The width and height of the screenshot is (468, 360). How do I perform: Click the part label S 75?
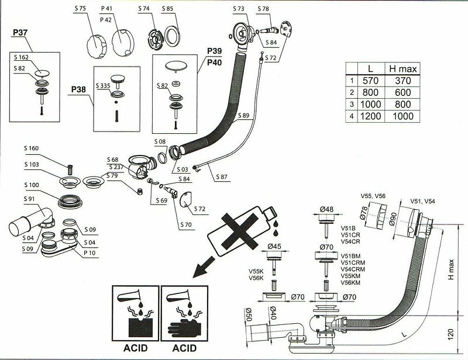80,9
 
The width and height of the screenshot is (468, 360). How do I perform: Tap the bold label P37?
20,33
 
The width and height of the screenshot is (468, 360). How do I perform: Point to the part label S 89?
246,115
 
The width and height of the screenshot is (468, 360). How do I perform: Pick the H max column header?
402,69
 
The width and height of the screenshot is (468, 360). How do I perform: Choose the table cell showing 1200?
370,116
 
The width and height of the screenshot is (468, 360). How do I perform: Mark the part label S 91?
30,199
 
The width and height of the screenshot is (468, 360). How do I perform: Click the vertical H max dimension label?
451,268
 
